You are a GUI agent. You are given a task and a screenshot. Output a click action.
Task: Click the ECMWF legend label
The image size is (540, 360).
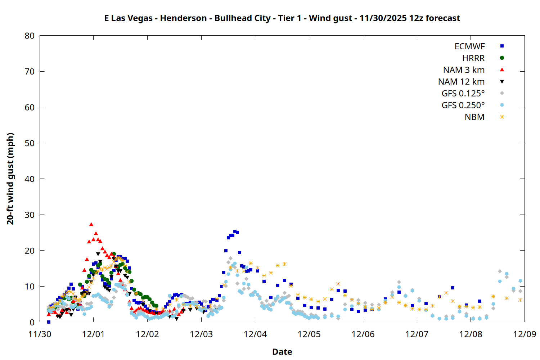[x=469, y=46]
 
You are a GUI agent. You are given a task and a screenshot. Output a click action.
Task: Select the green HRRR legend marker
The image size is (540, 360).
[x=502, y=58]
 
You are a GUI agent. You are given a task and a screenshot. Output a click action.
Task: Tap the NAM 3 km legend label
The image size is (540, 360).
[x=464, y=70]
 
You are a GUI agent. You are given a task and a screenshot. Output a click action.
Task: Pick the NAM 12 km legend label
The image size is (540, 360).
[x=461, y=82]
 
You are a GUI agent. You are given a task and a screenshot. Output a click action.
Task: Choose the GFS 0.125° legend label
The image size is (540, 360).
[x=463, y=94]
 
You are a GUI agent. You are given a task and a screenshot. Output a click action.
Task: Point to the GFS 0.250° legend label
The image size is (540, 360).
[x=463, y=105]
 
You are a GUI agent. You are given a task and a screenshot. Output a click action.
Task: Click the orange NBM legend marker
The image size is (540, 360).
[x=502, y=117]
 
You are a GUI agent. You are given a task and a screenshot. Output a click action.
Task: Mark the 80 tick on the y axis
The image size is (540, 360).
[x=30, y=36]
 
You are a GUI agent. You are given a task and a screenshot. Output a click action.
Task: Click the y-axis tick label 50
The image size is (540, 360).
[x=30, y=143]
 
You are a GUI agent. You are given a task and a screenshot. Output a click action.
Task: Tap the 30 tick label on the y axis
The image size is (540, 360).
[x=30, y=215]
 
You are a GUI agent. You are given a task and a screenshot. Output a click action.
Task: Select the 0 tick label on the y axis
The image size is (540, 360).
[x=32, y=322]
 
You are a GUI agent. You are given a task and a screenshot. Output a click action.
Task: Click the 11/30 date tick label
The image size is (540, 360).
[x=40, y=334]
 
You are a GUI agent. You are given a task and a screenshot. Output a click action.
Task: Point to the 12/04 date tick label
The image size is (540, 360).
[x=255, y=334]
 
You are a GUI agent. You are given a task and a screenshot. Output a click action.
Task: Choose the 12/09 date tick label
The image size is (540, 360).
[x=525, y=334]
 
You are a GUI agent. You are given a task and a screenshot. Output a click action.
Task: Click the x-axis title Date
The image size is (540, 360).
[x=282, y=352]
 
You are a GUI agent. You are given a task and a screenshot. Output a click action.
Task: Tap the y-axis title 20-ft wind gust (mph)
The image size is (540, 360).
[x=10, y=179]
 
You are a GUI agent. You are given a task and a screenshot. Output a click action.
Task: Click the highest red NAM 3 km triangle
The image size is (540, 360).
[x=91, y=224]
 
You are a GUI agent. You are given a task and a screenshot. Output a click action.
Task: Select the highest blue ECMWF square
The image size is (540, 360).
[x=235, y=231]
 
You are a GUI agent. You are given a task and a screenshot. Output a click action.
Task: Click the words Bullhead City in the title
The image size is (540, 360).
[x=242, y=18]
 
